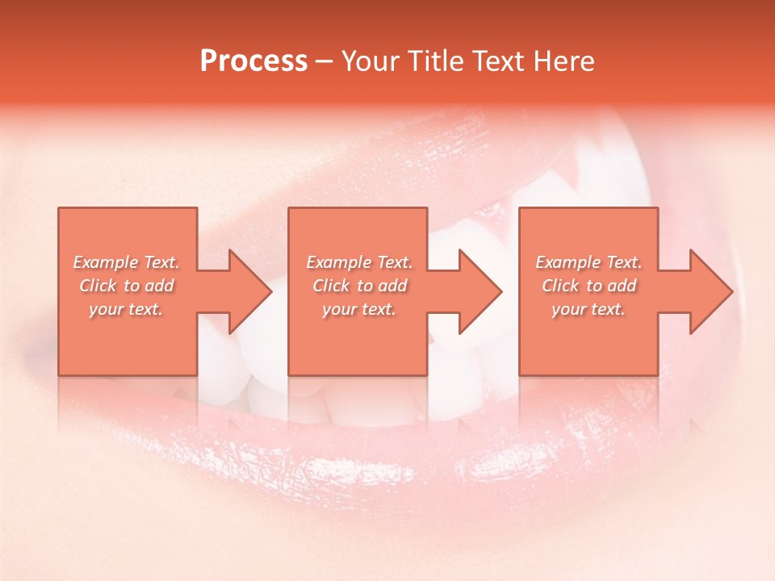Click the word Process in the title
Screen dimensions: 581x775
click(x=253, y=61)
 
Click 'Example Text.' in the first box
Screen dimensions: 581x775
click(x=126, y=262)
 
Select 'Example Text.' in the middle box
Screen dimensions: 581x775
click(x=359, y=262)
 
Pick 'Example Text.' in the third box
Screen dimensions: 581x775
click(x=589, y=262)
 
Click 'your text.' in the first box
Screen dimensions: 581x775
click(x=126, y=309)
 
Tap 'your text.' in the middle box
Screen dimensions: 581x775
click(x=359, y=309)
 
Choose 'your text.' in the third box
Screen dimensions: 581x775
click(x=589, y=309)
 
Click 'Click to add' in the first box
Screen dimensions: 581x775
click(x=126, y=286)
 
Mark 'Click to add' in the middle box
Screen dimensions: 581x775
click(x=359, y=286)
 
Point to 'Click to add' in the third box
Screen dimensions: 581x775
click(x=589, y=286)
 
